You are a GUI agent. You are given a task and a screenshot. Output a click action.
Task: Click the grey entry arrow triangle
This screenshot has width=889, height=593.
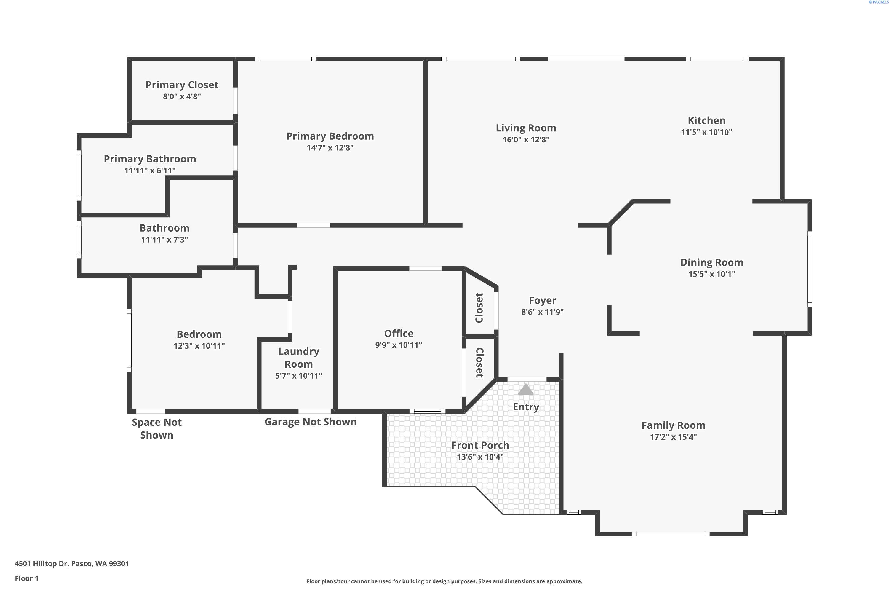tap(526, 390)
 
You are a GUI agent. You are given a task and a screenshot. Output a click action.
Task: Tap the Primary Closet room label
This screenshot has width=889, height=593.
tap(182, 85)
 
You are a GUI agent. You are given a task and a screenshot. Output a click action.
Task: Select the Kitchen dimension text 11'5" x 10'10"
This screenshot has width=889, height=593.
tap(706, 132)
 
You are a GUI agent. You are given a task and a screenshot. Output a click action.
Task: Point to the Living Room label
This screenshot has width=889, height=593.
tap(526, 128)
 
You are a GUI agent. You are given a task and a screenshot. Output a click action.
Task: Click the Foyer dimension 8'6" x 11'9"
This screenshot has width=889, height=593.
tap(542, 312)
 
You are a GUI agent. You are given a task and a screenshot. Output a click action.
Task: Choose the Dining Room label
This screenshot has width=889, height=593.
tap(712, 262)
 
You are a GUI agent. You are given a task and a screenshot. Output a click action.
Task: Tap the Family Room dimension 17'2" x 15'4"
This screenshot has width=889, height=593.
tap(673, 437)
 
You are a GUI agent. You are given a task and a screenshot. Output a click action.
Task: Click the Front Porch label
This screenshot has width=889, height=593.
tap(480, 445)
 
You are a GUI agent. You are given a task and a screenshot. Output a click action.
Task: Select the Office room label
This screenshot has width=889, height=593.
tap(399, 333)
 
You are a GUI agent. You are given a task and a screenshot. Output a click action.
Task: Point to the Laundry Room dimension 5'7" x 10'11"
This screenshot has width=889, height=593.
tap(299, 376)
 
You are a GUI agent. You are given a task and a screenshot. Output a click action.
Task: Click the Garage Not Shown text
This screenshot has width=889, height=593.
tap(310, 422)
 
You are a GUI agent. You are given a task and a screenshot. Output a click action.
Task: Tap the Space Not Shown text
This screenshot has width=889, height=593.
tap(156, 428)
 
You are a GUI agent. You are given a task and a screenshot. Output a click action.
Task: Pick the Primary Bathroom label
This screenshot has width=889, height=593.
tap(150, 159)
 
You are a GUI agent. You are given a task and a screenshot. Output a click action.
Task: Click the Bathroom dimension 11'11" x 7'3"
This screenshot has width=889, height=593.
tap(164, 239)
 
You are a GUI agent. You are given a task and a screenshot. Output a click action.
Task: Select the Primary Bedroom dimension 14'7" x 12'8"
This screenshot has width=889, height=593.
tap(330, 147)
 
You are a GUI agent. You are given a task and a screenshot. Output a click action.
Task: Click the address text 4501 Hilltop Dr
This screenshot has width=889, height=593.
tap(41, 564)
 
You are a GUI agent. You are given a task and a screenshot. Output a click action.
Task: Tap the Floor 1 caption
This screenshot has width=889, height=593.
tap(26, 578)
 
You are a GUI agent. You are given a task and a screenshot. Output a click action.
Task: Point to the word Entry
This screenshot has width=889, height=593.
tap(526, 407)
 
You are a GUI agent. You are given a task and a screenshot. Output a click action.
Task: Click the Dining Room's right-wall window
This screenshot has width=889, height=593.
tap(810, 269)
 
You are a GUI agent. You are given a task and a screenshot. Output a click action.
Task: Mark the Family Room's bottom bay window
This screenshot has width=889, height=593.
tap(671, 534)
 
